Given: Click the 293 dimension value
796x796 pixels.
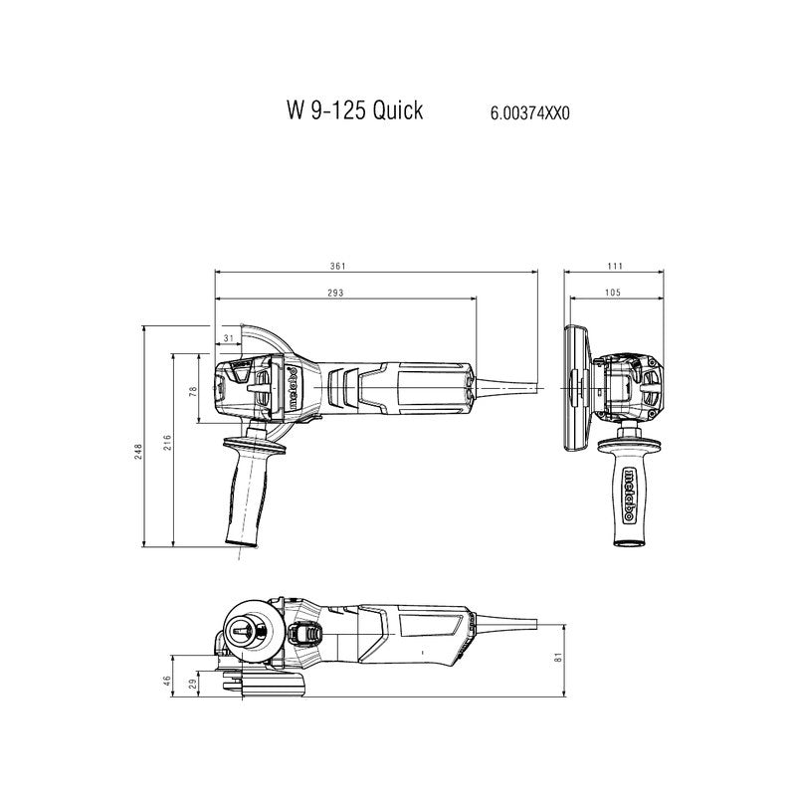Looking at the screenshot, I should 335,293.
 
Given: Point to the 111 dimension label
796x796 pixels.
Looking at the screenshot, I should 614,266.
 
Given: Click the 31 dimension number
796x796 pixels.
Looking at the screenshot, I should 230,339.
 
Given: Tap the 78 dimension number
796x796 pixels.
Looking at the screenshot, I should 195,391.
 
